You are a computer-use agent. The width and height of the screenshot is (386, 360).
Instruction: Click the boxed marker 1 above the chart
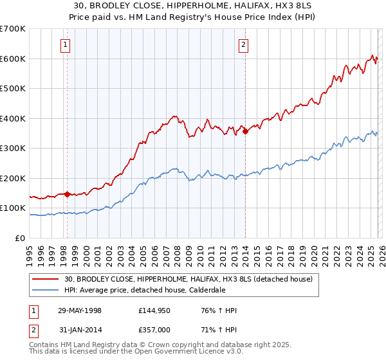(66, 45)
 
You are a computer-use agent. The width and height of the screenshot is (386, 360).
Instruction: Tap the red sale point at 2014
(245, 132)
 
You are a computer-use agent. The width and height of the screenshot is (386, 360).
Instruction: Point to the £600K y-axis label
(12, 59)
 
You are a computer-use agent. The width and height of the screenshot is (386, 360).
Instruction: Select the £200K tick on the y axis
(12, 178)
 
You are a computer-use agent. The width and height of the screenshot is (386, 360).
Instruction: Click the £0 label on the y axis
(21, 238)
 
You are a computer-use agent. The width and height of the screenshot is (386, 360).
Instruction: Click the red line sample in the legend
(46, 279)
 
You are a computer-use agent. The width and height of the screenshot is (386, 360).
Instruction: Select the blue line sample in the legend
(46, 289)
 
